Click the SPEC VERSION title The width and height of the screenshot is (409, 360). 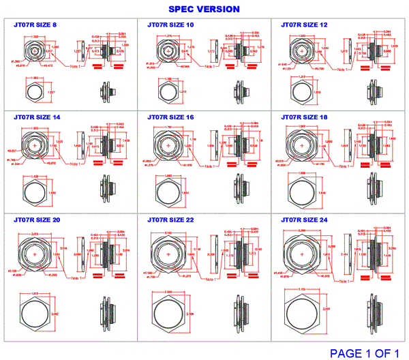pyautogui.click(x=204, y=9)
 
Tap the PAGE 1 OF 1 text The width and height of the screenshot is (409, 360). pyautogui.click(x=367, y=352)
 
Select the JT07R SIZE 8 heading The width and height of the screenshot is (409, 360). pyautogui.click(x=35, y=25)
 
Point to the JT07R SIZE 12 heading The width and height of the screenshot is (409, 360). pyautogui.click(x=304, y=25)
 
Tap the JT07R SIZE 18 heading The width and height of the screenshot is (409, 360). pyautogui.click(x=304, y=117)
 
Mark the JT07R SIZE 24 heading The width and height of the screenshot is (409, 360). pyautogui.click(x=304, y=220)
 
